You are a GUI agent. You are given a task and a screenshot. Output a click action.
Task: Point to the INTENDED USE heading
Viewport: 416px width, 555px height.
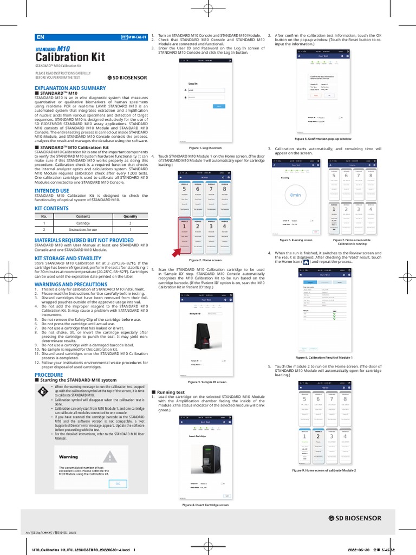51,191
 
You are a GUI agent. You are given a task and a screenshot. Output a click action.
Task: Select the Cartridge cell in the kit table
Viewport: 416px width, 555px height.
83,223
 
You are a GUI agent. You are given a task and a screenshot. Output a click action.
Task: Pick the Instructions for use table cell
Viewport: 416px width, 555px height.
83,230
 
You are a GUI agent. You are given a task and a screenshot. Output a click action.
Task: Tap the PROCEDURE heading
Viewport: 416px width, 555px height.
49,375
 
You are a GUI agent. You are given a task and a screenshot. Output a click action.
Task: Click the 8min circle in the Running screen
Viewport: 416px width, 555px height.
295,194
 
